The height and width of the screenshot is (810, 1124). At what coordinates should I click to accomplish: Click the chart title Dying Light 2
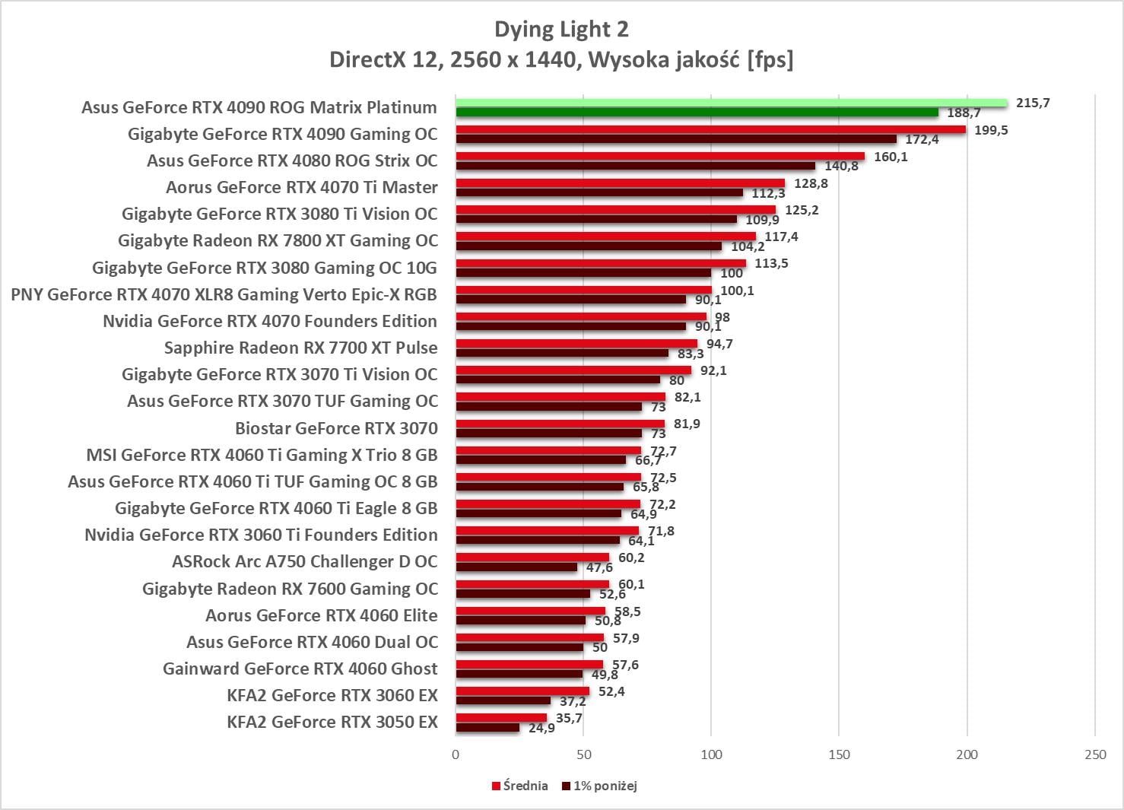561,30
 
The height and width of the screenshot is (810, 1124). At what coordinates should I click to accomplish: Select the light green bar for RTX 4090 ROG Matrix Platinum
731,103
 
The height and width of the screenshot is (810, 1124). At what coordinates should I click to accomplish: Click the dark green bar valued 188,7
697,113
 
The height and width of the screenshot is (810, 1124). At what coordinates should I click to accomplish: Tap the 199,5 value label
991,130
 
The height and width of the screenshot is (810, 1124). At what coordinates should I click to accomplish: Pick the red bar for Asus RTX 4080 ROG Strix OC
660,156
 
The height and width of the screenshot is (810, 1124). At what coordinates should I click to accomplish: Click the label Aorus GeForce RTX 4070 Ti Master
302,187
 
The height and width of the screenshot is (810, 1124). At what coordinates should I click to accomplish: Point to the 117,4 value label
781,237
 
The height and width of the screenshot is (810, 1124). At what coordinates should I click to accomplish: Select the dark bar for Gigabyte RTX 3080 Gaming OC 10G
583,273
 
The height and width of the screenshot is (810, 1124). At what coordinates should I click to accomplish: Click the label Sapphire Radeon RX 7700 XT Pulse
301,348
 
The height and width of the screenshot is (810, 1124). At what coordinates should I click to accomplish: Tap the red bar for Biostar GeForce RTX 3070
560,424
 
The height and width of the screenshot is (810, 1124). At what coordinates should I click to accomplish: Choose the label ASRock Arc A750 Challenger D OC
305,561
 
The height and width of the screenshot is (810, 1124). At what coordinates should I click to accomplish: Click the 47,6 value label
599,567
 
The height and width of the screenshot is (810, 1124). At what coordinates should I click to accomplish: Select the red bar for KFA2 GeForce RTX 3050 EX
501,718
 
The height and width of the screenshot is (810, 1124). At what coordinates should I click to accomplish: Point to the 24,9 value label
541,728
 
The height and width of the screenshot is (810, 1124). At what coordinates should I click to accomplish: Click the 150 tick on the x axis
839,754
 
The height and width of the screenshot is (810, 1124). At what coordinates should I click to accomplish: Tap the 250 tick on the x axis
1095,754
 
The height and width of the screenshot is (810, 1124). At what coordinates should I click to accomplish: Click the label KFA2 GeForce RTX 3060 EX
332,695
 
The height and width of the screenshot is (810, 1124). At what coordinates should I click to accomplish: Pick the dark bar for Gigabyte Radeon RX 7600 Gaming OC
522,594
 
